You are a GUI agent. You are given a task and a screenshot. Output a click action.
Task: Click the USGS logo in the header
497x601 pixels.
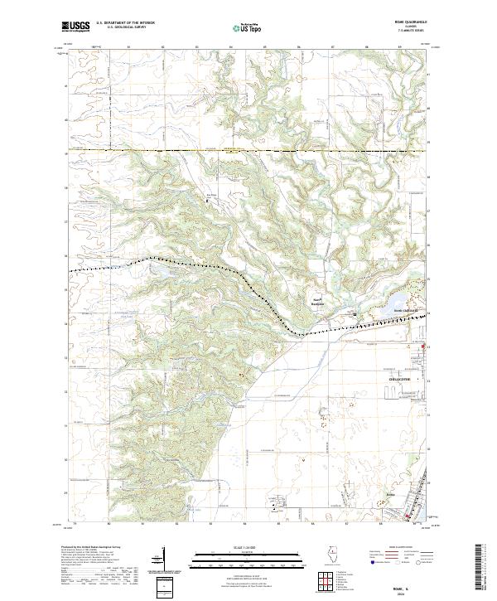(76, 27)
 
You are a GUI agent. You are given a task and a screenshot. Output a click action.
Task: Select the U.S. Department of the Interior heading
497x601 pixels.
(125, 23)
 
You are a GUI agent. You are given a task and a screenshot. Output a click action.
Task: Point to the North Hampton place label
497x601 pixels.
(316, 300)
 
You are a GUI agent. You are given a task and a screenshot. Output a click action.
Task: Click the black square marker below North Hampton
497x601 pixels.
(355, 314)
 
